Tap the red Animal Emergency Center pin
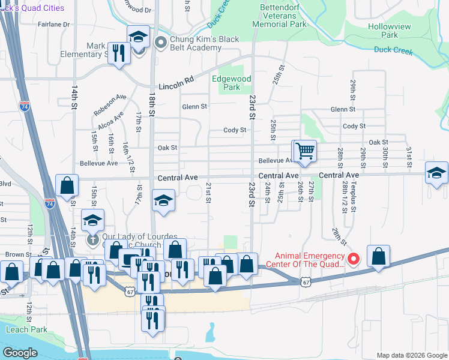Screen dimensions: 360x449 coord(354,259)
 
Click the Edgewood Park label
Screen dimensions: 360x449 coord(231,83)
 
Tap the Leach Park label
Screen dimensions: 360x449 coord(26,329)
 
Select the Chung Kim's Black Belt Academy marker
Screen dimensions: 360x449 coord(160,42)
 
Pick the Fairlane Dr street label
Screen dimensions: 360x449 coord(54,25)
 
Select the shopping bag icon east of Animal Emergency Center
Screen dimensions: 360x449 coord(378,256)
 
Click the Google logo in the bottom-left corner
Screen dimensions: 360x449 coord(20,353)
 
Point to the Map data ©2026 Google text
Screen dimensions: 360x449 coord(411,355)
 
